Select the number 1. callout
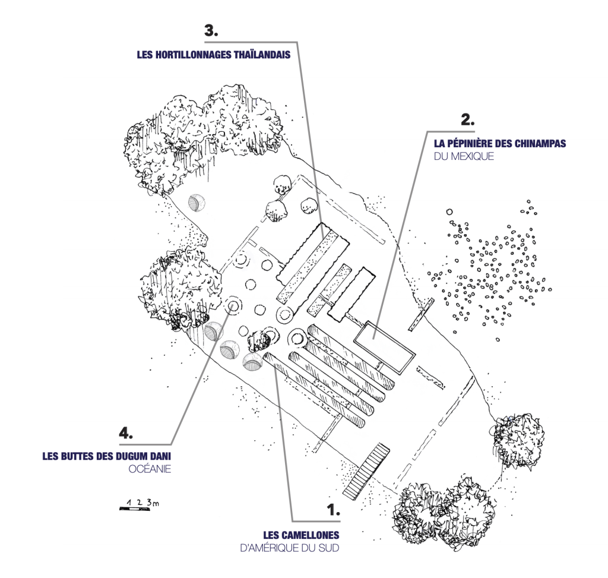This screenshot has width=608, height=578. (x=333, y=510)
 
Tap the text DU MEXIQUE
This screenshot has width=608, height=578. (x=464, y=157)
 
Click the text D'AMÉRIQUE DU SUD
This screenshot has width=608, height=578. (x=289, y=548)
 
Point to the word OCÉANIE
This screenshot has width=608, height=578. (x=150, y=470)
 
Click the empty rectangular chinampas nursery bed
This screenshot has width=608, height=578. (x=384, y=348)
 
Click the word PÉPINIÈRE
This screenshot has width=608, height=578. (x=477, y=143)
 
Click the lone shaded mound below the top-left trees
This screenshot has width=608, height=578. (x=196, y=204)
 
